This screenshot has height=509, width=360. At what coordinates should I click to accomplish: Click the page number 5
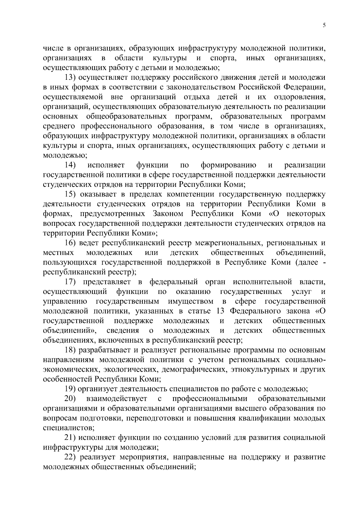point(324,25)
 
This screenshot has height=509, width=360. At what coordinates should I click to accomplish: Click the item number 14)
point(70,165)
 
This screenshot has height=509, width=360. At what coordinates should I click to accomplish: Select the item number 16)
point(71,243)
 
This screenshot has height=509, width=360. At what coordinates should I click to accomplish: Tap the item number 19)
point(71,389)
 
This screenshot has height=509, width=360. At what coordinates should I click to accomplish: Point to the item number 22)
point(71,457)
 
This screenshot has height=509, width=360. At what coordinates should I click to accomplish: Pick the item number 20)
point(70,399)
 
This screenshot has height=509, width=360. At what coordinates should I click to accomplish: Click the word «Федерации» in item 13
point(304,87)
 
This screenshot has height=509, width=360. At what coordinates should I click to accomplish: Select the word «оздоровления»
point(300,97)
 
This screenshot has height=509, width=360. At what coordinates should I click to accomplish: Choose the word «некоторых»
point(306,214)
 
